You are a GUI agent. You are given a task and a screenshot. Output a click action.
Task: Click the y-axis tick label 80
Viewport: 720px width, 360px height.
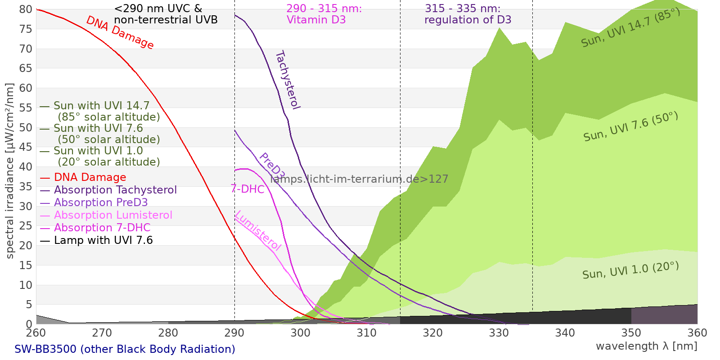pyautogui.click(x=26, y=9)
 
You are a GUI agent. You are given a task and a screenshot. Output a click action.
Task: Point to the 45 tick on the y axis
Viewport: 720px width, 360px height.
pyautogui.click(x=26, y=147)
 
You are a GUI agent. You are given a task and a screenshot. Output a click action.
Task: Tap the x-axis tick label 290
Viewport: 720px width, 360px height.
pyautogui.click(x=234, y=333)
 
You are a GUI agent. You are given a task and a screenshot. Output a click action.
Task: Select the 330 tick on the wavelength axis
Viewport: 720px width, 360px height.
pyautogui.click(x=499, y=333)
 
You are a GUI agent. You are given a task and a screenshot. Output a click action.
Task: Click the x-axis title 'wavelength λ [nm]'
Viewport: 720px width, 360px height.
pyautogui.click(x=646, y=346)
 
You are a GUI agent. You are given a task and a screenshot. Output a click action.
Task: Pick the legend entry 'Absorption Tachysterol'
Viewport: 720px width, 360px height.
pyautogui.click(x=108, y=190)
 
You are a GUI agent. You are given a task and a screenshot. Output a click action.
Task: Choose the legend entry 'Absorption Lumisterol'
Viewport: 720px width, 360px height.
pyautogui.click(x=106, y=215)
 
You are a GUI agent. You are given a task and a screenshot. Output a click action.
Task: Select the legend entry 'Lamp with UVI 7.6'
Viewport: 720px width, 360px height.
pyautogui.click(x=96, y=240)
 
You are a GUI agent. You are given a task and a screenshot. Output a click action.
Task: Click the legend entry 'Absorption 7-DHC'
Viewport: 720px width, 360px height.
pyautogui.click(x=95, y=228)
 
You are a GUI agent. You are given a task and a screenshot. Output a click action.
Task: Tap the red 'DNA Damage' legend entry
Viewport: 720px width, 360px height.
pyautogui.click(x=83, y=177)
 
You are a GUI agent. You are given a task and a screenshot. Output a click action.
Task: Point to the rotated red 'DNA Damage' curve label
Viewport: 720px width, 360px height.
pyautogui.click(x=120, y=32)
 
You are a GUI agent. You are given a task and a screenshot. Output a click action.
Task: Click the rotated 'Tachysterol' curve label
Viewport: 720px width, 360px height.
pyautogui.click(x=288, y=80)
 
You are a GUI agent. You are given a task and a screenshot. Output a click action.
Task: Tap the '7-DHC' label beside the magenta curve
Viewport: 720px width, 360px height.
pyautogui.click(x=247, y=189)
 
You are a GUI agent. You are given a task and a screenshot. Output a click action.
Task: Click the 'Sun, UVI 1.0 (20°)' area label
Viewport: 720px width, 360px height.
pyautogui.click(x=630, y=270)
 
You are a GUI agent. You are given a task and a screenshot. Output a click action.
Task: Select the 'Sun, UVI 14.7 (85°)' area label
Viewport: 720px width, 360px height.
pyautogui.click(x=630, y=27)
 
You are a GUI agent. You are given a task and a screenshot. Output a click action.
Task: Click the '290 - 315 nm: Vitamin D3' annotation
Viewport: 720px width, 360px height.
pyautogui.click(x=324, y=14)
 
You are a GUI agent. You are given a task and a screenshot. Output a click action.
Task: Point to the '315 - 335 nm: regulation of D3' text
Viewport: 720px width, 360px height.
pyautogui.click(x=468, y=14)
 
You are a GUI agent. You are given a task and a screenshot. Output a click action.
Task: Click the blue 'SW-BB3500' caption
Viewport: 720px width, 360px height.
pyautogui.click(x=45, y=349)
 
